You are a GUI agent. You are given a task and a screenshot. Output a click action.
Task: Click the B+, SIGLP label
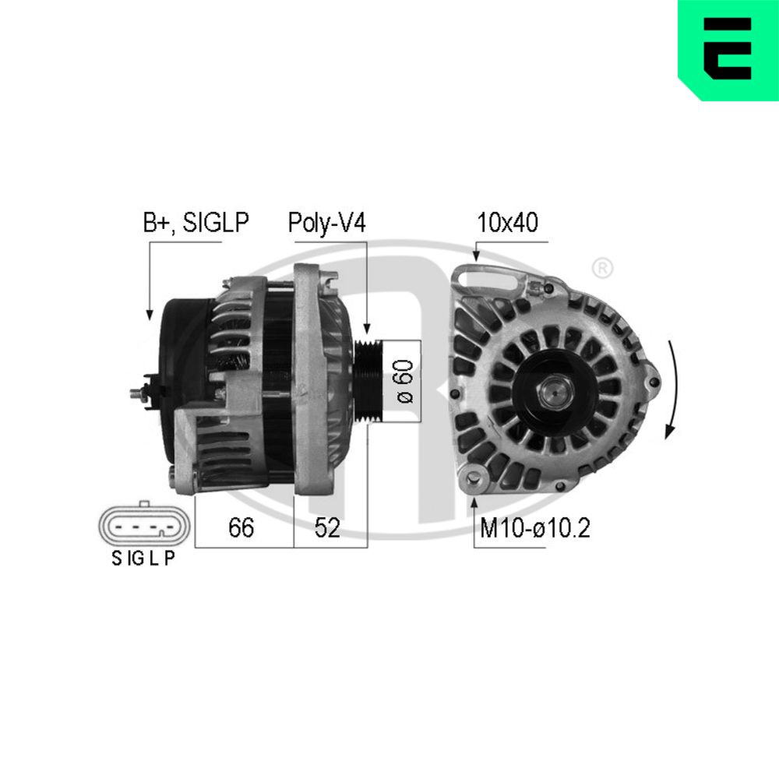click(196, 222)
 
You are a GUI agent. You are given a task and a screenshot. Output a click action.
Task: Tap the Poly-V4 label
click(327, 223)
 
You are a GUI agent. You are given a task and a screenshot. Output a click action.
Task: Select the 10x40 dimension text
click(507, 222)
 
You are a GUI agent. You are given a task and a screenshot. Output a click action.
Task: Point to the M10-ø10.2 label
click(534, 527)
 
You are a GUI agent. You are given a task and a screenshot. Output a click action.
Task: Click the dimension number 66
click(241, 527)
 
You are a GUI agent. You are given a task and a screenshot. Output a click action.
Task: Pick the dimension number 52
click(327, 527)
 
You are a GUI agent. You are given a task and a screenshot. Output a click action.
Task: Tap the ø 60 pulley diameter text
click(405, 382)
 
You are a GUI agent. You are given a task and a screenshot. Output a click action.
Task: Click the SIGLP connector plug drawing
click(144, 524)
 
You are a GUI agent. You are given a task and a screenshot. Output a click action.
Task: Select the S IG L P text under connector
click(143, 559)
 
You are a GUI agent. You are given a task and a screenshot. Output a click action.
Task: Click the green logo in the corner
click(728, 50)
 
